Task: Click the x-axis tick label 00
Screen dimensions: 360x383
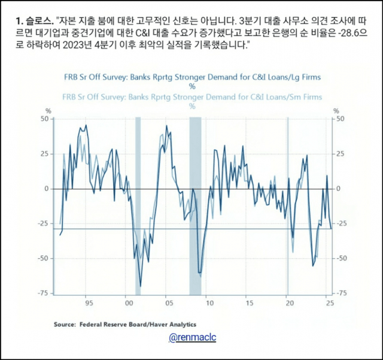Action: pyautogui.click(x=127, y=304)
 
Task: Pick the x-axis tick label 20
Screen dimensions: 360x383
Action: pyautogui.click(x=289, y=304)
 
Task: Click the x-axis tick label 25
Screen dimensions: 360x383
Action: pyautogui.click(x=329, y=304)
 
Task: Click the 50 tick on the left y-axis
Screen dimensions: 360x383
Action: pyautogui.click(x=44, y=119)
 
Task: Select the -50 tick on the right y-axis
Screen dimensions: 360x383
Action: pyautogui.click(x=341, y=258)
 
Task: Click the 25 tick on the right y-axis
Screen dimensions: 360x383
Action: pyautogui.click(x=340, y=154)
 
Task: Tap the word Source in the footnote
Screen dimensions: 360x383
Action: pyautogui.click(x=65, y=324)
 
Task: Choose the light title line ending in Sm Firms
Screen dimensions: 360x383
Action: pyautogui.click(x=193, y=97)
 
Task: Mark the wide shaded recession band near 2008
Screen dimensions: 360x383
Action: pyautogui.click(x=196, y=204)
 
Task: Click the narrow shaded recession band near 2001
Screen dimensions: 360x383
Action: pyautogui.click(x=138, y=204)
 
